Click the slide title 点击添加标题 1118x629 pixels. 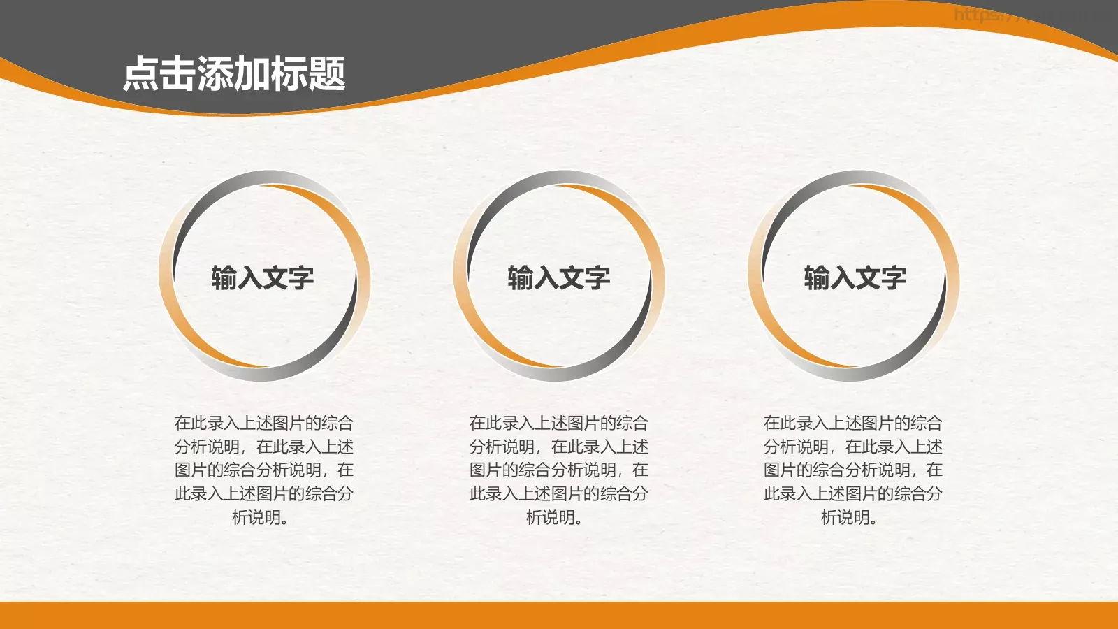pyautogui.click(x=234, y=74)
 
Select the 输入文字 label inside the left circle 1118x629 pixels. pyautogui.click(x=263, y=278)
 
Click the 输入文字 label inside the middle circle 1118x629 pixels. pyautogui.click(x=559, y=278)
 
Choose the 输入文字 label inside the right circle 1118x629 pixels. pyautogui.click(x=855, y=278)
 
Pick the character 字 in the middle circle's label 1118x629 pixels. pyautogui.click(x=597, y=278)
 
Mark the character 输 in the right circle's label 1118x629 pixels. pyautogui.click(x=817, y=278)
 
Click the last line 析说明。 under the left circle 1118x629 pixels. pyautogui.click(x=260, y=518)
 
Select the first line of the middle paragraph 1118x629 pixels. pyautogui.click(x=559, y=423)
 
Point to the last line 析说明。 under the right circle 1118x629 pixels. pyautogui.click(x=849, y=518)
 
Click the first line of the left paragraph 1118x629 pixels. pyautogui.click(x=264, y=423)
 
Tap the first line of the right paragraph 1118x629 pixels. pyautogui.click(x=853, y=423)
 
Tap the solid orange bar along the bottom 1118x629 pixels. pyautogui.click(x=559, y=615)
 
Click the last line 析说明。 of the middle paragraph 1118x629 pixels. pyautogui.click(x=555, y=518)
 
